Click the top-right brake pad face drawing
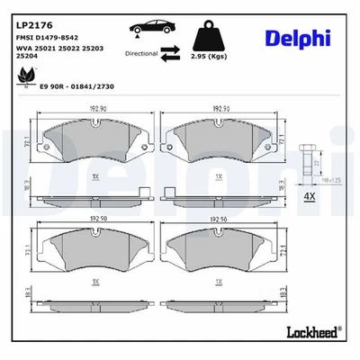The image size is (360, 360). tap(220, 143)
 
